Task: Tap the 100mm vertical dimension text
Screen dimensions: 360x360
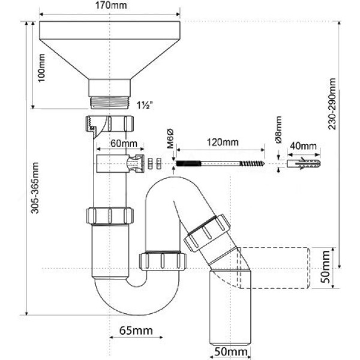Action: pyautogui.click(x=42, y=70)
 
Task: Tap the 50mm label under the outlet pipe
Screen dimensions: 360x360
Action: pyautogui.click(x=229, y=351)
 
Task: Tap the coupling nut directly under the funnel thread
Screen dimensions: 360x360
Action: pyautogui.click(x=109, y=125)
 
